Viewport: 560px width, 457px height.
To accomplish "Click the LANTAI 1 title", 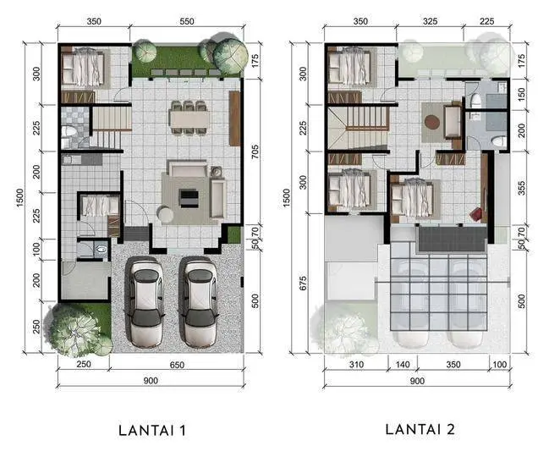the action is pos(152,430).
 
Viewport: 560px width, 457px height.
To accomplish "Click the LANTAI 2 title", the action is pos(420,429).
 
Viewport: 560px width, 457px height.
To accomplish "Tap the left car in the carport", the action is pos(145,302).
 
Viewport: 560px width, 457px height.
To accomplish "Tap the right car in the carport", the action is pos(198,302).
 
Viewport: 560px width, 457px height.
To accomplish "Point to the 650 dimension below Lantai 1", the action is pos(177,365).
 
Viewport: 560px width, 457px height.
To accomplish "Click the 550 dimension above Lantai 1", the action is pos(187,21).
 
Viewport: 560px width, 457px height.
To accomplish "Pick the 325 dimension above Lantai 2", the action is pos(430,21).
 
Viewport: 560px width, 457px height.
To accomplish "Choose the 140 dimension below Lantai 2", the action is pos(403,365).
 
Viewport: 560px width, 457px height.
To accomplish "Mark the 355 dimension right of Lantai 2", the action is pos(521,189).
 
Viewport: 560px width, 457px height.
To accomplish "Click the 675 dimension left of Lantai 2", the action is pos(303,283).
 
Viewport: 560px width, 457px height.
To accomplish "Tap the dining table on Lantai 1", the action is pos(189,119).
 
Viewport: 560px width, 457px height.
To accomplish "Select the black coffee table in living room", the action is pos(189,199).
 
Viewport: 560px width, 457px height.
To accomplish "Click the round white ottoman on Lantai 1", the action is pos(165,215).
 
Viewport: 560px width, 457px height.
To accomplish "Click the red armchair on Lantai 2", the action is pos(475,214).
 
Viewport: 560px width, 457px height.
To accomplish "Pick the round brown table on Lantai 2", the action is pos(431,122).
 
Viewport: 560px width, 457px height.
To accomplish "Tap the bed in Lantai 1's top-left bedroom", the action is pos(83,67).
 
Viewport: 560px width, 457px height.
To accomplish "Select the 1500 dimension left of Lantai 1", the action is pos(19,197).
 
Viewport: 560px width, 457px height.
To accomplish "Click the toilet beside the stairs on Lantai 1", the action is pos(69,131).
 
